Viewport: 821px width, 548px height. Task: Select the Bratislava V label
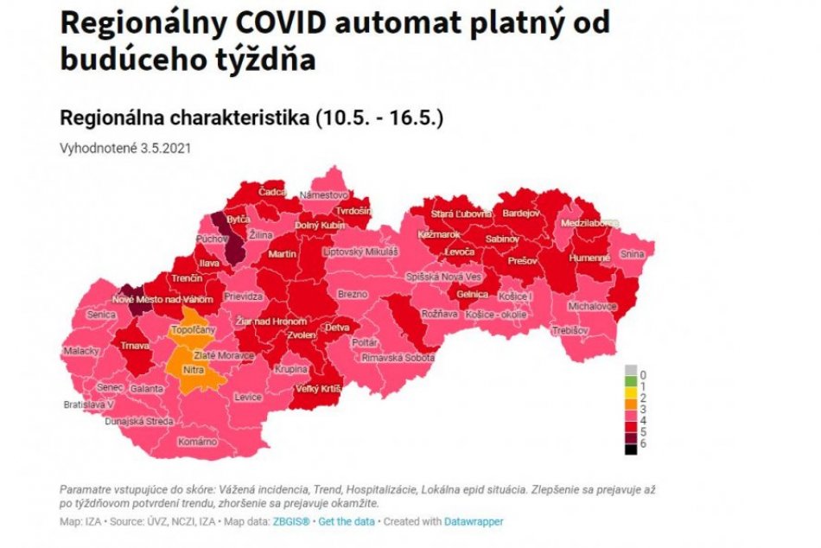(88, 405)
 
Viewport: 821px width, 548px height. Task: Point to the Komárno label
(198, 442)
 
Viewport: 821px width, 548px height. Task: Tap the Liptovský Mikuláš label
(360, 252)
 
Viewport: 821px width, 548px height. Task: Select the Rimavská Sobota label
(398, 357)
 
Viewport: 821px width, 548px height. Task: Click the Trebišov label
(571, 330)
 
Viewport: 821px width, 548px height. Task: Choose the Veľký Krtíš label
(315, 390)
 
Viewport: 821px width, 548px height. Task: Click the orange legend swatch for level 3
(631, 407)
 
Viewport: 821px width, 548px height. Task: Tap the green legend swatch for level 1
(631, 384)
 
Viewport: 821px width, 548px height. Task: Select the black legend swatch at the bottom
(631, 449)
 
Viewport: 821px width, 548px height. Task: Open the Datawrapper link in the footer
(474, 521)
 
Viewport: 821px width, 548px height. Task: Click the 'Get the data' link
(347, 521)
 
